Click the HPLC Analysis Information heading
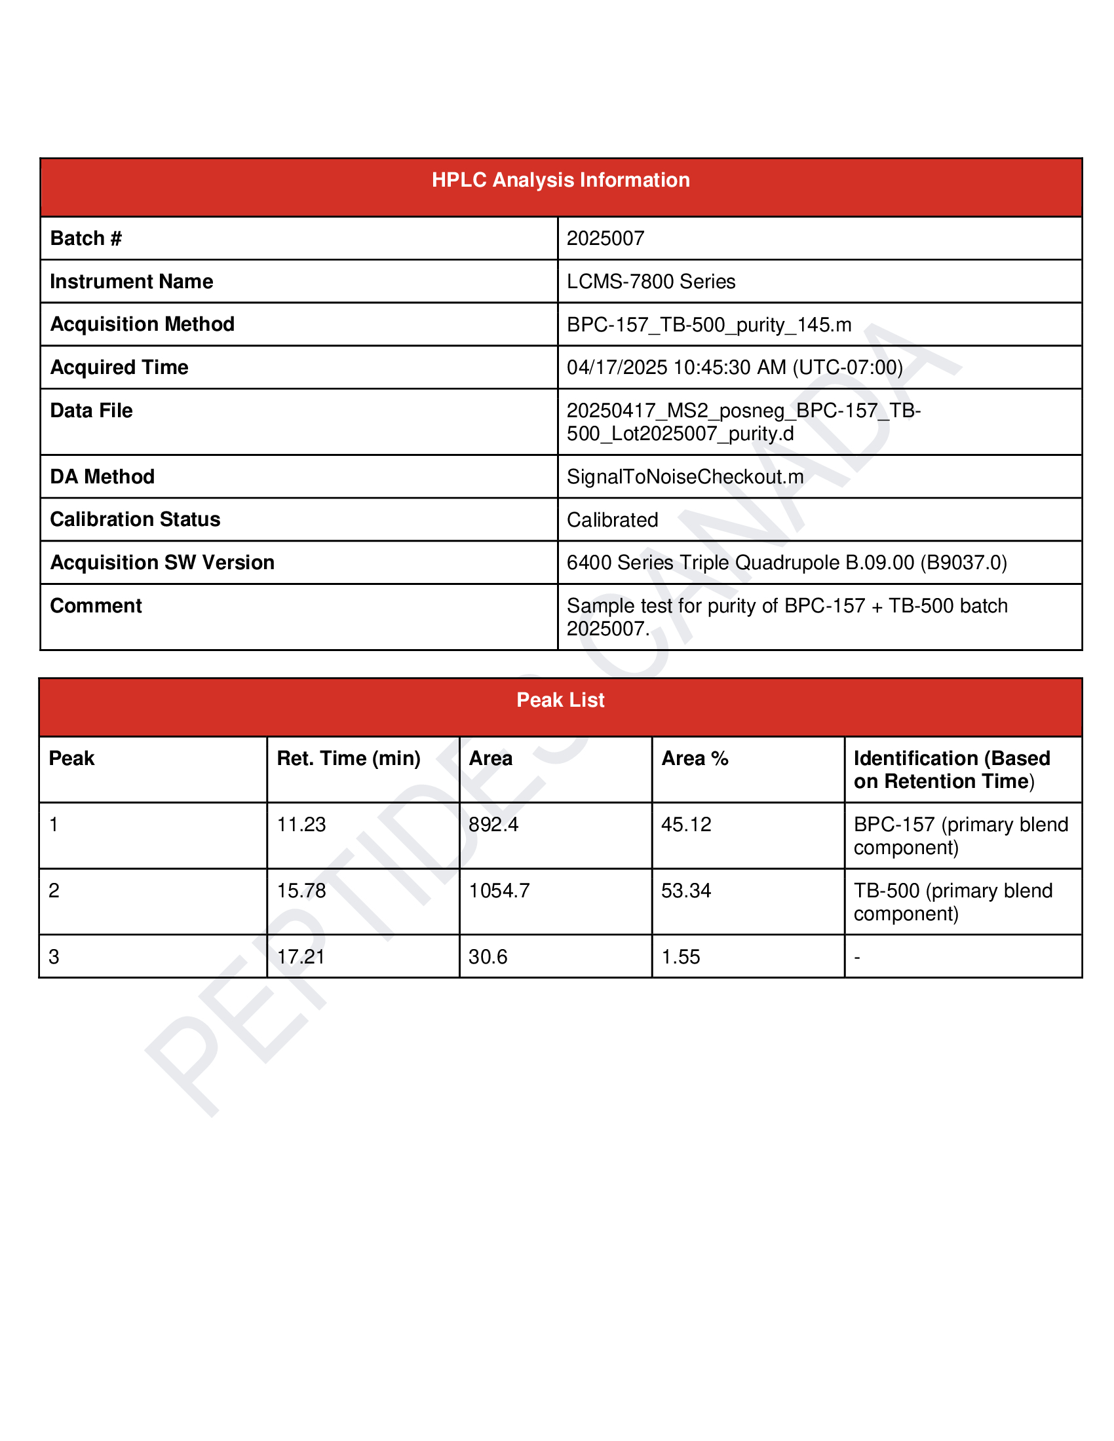coord(560,180)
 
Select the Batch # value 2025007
coord(605,238)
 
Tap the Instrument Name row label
coord(131,282)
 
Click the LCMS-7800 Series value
coord(651,282)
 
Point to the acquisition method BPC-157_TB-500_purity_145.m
coord(709,325)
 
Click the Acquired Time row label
coord(119,367)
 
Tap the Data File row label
coord(91,411)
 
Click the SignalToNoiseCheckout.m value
coord(685,476)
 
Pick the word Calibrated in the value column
coord(613,520)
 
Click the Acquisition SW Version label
coord(162,563)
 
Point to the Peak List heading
coord(560,700)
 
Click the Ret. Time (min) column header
coord(349,758)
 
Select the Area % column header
coord(695,758)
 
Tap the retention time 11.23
coord(301,825)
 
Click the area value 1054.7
coord(499,891)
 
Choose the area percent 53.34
coord(686,891)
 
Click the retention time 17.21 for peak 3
coord(301,957)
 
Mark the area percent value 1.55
coord(680,957)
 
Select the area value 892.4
coord(493,825)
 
